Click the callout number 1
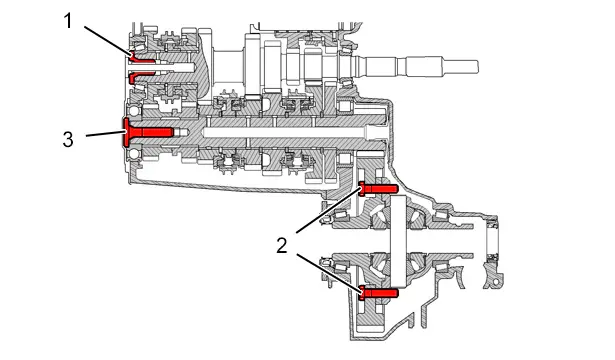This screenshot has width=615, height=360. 68,21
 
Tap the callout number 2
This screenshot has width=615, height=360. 282,246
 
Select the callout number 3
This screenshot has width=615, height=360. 68,139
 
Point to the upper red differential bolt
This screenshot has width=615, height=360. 378,189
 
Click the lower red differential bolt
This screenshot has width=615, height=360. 378,293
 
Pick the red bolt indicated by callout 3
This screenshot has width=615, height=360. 148,132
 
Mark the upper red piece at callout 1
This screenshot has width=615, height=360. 142,57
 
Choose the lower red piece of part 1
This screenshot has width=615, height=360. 142,77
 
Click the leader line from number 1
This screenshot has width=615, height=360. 108,40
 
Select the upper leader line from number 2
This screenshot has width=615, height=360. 329,210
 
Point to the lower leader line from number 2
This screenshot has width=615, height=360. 329,273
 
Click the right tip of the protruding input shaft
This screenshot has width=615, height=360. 478,67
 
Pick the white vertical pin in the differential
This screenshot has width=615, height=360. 398,241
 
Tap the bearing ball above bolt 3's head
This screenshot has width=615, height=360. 134,110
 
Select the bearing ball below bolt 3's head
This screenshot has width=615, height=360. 134,154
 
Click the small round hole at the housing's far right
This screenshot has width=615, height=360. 496,282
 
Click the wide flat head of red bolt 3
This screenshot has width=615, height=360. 126,133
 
